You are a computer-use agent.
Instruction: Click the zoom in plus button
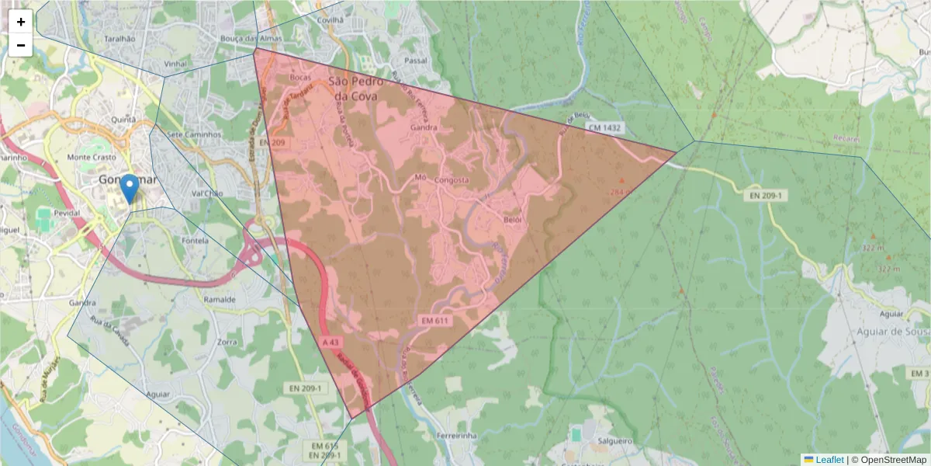pos(21,22)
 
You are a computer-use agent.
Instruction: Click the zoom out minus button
pos(21,45)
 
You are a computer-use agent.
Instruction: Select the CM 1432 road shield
pos(605,126)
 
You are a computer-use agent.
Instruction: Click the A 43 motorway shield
pos(330,342)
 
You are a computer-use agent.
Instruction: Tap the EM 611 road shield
pos(435,320)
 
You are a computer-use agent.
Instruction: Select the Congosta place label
pos(452,180)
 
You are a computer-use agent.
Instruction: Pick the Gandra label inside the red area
pos(424,127)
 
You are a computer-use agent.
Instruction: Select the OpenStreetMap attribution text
pos(888,460)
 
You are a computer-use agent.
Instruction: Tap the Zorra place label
pos(227,342)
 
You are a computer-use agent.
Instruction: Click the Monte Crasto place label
pos(92,157)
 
